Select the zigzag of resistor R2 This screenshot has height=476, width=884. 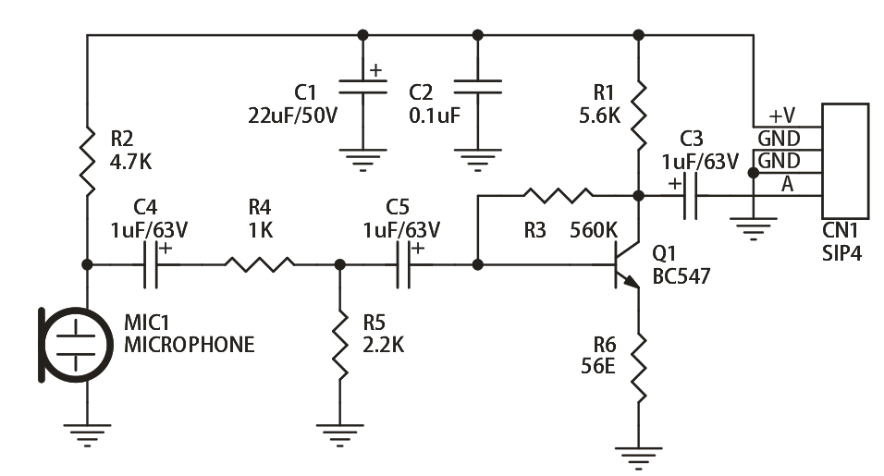88,161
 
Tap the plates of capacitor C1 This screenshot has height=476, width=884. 362,87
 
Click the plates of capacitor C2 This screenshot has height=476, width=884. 477,87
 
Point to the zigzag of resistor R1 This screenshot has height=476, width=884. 638,115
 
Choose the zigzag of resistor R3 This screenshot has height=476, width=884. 559,195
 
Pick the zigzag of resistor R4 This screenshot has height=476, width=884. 259,264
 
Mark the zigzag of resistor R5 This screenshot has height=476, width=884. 340,344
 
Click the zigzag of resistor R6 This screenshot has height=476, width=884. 638,367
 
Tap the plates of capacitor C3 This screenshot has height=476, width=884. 690,195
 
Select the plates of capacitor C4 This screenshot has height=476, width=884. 151,264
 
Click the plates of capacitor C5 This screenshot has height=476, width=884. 403,264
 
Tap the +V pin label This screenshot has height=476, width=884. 782,116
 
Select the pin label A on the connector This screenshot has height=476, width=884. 787,184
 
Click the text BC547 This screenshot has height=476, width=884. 681,276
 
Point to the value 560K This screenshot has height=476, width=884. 593,230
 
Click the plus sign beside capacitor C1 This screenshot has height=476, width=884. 375,70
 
